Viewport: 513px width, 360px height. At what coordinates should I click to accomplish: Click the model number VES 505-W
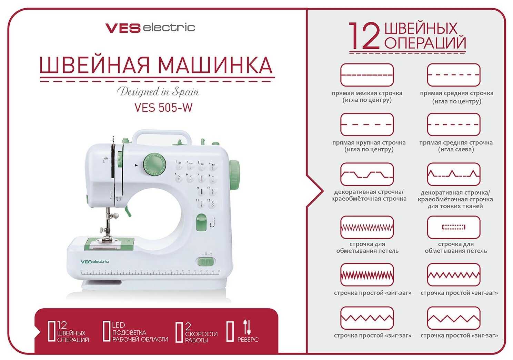click(x=163, y=107)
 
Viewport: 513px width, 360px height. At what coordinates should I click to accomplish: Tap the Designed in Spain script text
click(x=158, y=92)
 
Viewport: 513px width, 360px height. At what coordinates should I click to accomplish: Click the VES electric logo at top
click(x=150, y=28)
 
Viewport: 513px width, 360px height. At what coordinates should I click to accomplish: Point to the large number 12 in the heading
click(x=364, y=36)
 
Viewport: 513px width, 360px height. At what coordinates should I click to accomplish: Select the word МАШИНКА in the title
click(x=215, y=65)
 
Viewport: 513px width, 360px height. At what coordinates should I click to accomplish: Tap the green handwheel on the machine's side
click(x=235, y=175)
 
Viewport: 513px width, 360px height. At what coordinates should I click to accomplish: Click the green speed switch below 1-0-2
click(x=205, y=262)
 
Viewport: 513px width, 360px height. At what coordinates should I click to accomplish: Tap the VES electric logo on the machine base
click(x=95, y=261)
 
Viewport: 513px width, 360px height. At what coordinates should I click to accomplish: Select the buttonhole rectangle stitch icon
click(x=453, y=227)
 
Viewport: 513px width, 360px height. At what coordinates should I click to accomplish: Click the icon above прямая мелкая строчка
click(x=367, y=75)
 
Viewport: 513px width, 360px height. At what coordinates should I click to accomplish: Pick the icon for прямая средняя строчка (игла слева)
click(x=453, y=124)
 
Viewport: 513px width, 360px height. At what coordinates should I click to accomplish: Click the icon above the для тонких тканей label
click(x=453, y=174)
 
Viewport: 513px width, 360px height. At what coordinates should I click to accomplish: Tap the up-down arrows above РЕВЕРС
click(x=247, y=327)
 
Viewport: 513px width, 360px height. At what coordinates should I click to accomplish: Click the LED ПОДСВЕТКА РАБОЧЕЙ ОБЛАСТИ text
click(x=140, y=332)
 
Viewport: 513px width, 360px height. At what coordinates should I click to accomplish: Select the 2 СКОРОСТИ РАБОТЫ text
click(x=201, y=333)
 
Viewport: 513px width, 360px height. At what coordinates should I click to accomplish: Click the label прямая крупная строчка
click(x=369, y=142)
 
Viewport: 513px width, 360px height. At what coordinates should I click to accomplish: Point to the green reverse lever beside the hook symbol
click(x=201, y=222)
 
